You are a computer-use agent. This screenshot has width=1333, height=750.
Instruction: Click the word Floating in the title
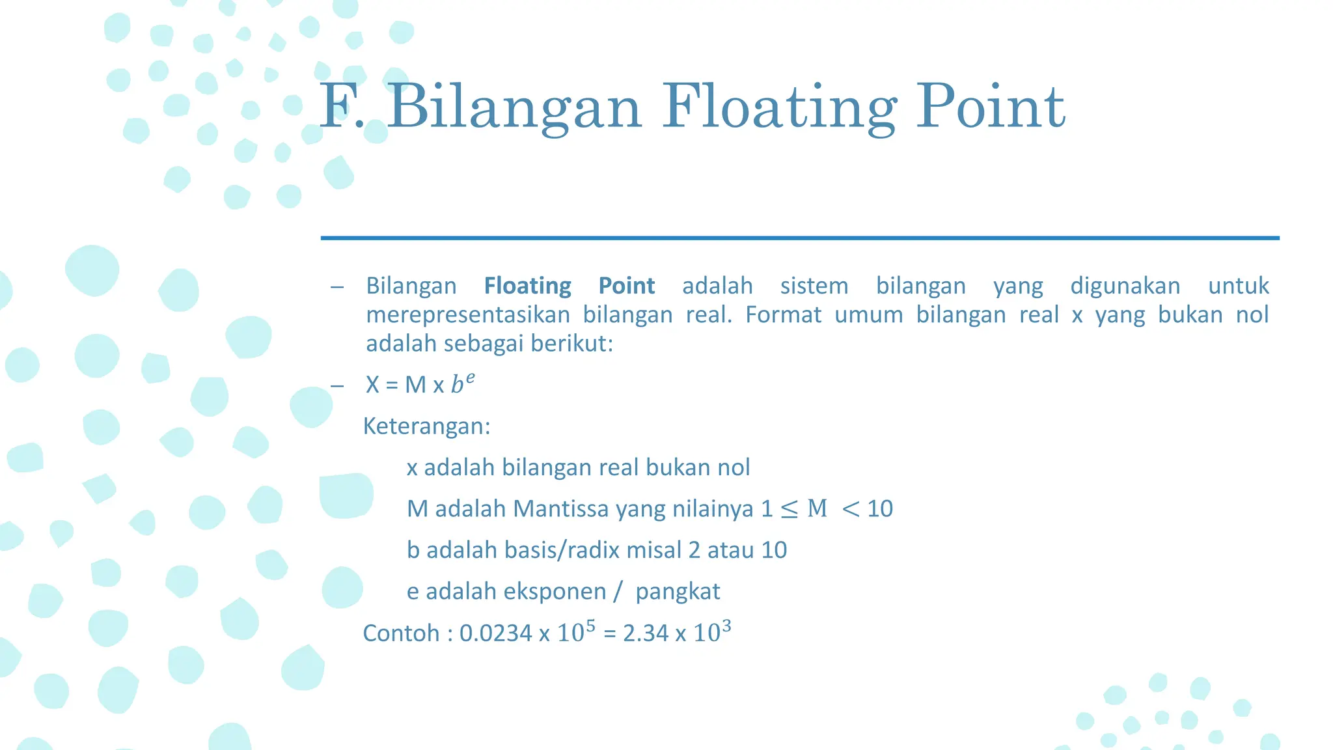(780, 107)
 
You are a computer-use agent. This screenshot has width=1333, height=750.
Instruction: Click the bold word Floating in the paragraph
(527, 286)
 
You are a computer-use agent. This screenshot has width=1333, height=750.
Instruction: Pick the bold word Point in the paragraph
(626, 286)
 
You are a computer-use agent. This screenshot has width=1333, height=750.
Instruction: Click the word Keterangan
(426, 426)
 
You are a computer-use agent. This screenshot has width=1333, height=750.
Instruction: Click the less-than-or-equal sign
(789, 509)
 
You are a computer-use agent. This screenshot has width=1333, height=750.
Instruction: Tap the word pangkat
(678, 591)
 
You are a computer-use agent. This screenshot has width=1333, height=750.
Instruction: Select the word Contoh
(400, 633)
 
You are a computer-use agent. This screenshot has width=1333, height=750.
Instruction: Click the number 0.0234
(495, 633)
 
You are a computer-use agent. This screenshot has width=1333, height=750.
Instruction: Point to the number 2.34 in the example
(646, 633)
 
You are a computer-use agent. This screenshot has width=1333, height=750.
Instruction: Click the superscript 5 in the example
(590, 626)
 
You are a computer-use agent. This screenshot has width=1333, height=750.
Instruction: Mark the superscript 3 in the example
(726, 626)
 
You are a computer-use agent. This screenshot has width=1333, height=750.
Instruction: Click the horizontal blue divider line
(800, 238)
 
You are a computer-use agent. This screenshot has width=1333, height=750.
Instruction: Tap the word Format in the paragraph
(783, 315)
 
